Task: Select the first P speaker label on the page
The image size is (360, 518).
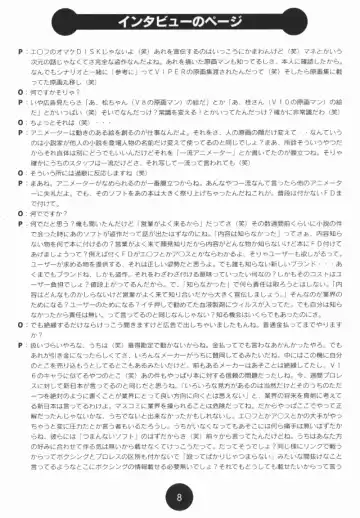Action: pos(22,50)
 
